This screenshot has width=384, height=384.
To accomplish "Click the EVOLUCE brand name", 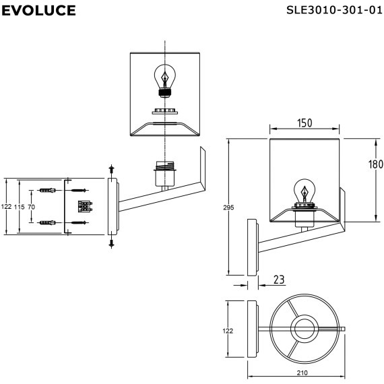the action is (38, 10).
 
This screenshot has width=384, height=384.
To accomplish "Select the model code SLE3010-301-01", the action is (334, 10).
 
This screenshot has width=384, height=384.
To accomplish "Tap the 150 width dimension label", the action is (305, 123).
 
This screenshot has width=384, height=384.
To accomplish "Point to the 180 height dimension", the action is (376, 164).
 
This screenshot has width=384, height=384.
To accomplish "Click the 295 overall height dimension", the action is (228, 207).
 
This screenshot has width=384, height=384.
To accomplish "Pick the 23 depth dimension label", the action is (279, 280).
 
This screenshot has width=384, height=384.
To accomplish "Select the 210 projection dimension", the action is (302, 373).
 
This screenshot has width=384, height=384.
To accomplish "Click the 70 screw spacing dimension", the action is (32, 207).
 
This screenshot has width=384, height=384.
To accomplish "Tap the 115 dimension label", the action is (20, 207).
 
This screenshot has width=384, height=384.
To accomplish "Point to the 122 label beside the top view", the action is (228, 331).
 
